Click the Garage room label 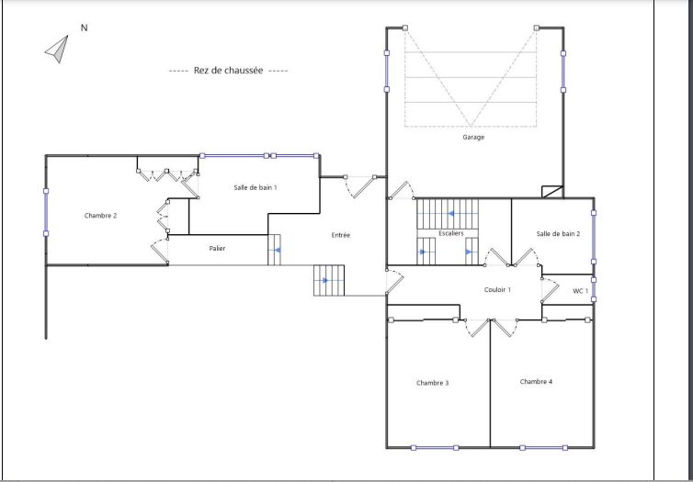pyautogui.click(x=473, y=138)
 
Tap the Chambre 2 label pyautogui.click(x=100, y=216)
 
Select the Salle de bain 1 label pyautogui.click(x=256, y=187)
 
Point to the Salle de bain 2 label pyautogui.click(x=558, y=234)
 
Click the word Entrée pyautogui.click(x=341, y=235)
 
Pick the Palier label pyautogui.click(x=217, y=249)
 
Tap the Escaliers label pyautogui.click(x=450, y=233)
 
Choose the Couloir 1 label pyautogui.click(x=497, y=290)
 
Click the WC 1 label pyautogui.click(x=580, y=291)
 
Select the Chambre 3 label pyautogui.click(x=432, y=383)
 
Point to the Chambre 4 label pyautogui.click(x=536, y=382)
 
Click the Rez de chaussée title pyautogui.click(x=228, y=71)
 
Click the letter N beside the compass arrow pyautogui.click(x=84, y=28)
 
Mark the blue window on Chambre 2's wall pyautogui.click(x=46, y=212)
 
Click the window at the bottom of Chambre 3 pyautogui.click(x=435, y=448)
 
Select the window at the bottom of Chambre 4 pyautogui.click(x=543, y=448)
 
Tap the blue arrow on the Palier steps pyautogui.click(x=278, y=251)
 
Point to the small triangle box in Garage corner pyautogui.click(x=552, y=192)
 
